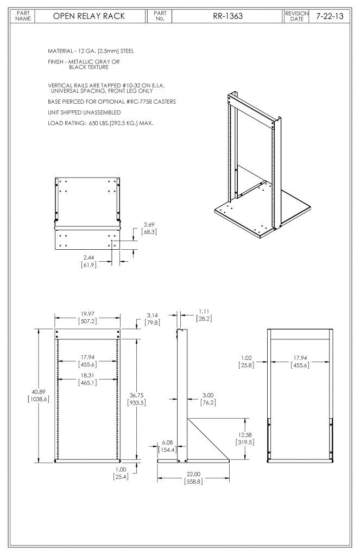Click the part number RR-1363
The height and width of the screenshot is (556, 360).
(x=228, y=16)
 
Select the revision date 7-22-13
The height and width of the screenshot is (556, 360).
(x=330, y=16)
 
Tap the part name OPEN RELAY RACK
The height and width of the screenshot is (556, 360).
(x=89, y=16)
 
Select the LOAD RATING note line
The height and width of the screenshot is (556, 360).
(x=100, y=123)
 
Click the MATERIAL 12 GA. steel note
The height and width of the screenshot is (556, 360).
(x=91, y=50)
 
